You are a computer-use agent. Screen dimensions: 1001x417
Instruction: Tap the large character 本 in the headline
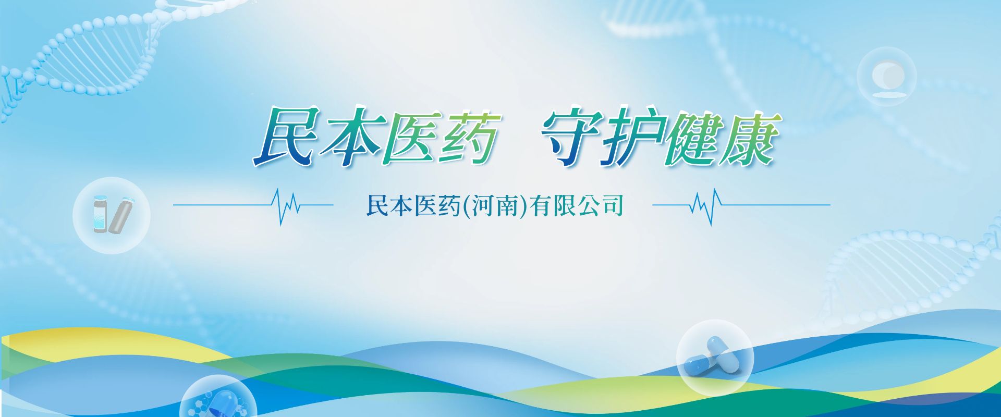coord(350,137)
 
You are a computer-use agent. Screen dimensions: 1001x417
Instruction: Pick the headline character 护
coord(632,138)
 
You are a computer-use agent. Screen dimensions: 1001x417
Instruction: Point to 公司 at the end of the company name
coord(600,205)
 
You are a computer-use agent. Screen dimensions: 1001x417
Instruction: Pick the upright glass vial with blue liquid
coord(100,214)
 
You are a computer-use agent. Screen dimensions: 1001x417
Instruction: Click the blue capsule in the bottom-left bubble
coord(221,404)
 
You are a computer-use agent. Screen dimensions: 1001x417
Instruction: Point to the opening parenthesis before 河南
coord(466,205)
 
